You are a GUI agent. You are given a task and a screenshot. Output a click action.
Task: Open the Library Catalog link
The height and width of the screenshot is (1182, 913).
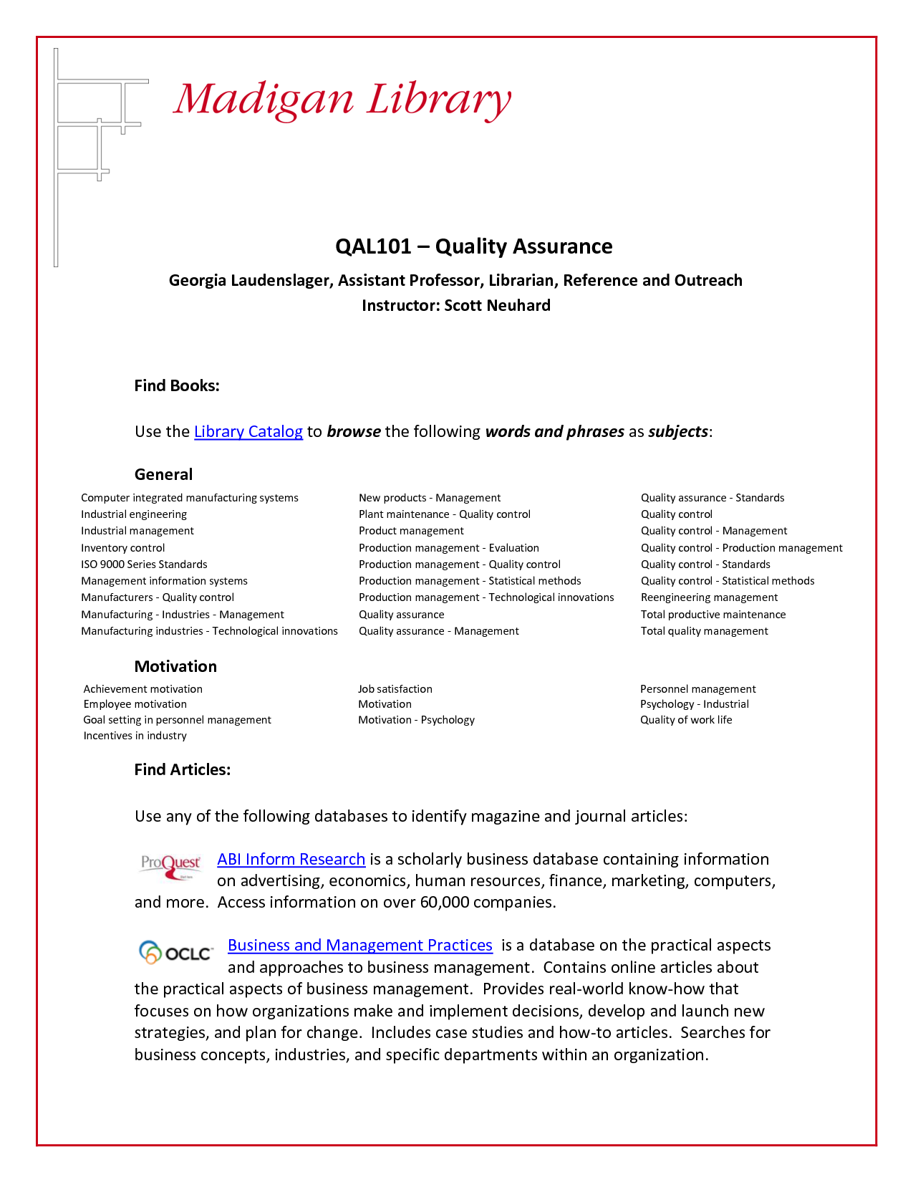tap(248, 431)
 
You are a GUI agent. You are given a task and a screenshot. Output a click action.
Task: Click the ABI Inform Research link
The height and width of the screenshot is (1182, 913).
tap(291, 859)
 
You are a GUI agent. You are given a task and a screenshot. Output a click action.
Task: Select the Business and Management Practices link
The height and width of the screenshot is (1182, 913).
tap(359, 945)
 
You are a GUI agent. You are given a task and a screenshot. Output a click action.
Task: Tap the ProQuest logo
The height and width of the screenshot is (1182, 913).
tap(170, 865)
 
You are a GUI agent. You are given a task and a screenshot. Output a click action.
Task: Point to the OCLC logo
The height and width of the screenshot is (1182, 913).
tap(176, 953)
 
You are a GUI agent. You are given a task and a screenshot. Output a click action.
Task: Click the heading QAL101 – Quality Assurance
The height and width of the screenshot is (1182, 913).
tap(473, 246)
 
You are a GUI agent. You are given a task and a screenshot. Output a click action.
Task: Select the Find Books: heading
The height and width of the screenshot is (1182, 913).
tap(177, 385)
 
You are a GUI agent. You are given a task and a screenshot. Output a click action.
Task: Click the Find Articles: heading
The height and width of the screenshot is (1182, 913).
tap(182, 769)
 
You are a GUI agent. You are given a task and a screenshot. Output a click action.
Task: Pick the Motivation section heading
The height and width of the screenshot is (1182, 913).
tap(175, 666)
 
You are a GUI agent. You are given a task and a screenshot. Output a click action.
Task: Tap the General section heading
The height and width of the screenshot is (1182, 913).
tap(163, 474)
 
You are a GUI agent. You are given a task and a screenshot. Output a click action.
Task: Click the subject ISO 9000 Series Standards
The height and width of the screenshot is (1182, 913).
tap(144, 564)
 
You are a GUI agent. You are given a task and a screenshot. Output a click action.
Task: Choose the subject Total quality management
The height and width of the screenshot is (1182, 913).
tap(704, 631)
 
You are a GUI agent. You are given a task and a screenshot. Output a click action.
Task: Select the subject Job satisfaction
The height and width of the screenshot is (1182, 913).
tap(395, 689)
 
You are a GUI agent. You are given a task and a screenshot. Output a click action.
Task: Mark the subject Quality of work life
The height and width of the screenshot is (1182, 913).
tap(685, 720)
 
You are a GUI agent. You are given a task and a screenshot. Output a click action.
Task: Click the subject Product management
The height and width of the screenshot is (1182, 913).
tap(411, 531)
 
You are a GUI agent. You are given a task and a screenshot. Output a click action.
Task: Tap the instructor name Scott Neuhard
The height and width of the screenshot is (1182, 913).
tap(497, 305)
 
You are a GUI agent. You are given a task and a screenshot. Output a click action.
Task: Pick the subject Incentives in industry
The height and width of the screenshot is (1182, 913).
tap(135, 736)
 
